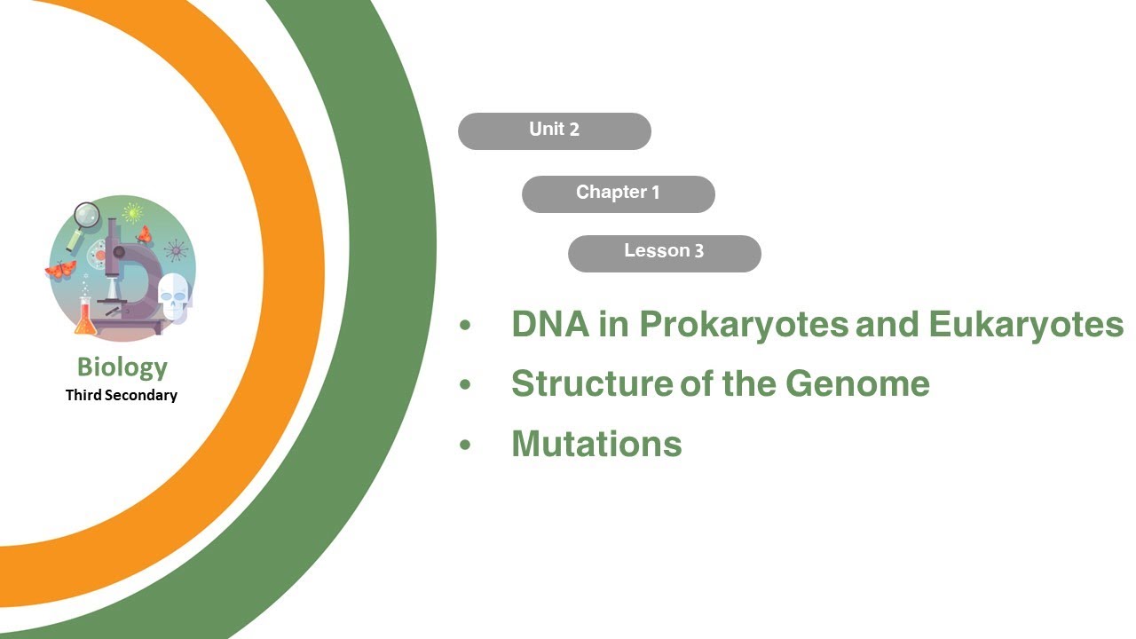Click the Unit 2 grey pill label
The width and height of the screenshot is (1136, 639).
[554, 130]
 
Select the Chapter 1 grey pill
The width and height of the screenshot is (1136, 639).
[618, 193]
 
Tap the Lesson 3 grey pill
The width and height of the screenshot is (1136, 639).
[664, 253]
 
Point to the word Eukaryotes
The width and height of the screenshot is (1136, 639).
[1026, 326]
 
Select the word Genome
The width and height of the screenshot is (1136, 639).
[857, 383]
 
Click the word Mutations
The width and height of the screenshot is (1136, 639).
[596, 443]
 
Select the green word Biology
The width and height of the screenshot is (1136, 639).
[122, 367]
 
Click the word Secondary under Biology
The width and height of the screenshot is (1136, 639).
[141, 396]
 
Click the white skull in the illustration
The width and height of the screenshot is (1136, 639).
[173, 295]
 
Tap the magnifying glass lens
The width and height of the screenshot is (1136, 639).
[87, 216]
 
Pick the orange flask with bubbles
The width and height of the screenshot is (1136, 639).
[85, 319]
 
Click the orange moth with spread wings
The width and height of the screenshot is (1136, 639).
[60, 269]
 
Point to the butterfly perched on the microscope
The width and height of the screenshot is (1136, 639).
[143, 234]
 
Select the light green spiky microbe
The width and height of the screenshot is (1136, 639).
[133, 213]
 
